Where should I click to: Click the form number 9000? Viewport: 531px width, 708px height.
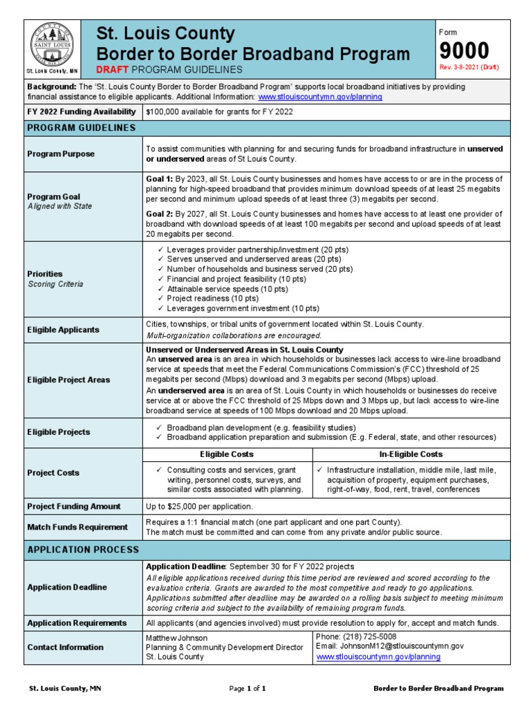point(464,50)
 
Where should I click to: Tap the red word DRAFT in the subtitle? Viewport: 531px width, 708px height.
point(112,70)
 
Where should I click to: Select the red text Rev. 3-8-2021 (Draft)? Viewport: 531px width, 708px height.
point(469,67)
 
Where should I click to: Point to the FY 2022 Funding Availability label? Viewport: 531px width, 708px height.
point(82,112)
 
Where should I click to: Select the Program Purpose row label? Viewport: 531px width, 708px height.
point(60,153)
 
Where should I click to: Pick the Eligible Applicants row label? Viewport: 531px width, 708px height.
point(63,330)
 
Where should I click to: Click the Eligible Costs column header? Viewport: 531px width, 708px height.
point(226,454)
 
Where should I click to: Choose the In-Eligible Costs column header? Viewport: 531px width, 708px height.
point(411,454)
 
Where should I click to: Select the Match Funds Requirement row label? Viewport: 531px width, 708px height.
point(77,527)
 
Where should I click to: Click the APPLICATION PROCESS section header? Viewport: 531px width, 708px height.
point(83,550)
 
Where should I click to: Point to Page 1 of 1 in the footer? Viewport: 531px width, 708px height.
point(247,689)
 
